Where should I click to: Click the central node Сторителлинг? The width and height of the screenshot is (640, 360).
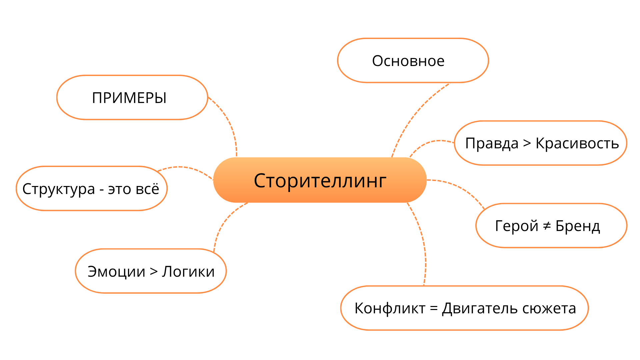click(320, 180)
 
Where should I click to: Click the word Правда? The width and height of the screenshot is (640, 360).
click(492, 143)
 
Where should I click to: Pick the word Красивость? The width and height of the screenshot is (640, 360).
click(577, 143)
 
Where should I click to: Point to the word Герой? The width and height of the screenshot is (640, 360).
click(516, 226)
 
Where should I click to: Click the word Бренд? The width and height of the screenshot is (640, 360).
click(578, 226)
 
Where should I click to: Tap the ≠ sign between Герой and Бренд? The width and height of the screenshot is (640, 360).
click(547, 226)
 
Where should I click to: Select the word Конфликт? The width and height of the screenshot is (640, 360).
click(390, 308)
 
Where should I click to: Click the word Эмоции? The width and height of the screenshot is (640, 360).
click(116, 272)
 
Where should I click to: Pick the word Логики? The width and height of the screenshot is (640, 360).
click(188, 272)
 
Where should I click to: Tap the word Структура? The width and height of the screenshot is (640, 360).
click(59, 189)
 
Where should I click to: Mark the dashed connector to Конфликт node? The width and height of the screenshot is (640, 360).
click(423, 240)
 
